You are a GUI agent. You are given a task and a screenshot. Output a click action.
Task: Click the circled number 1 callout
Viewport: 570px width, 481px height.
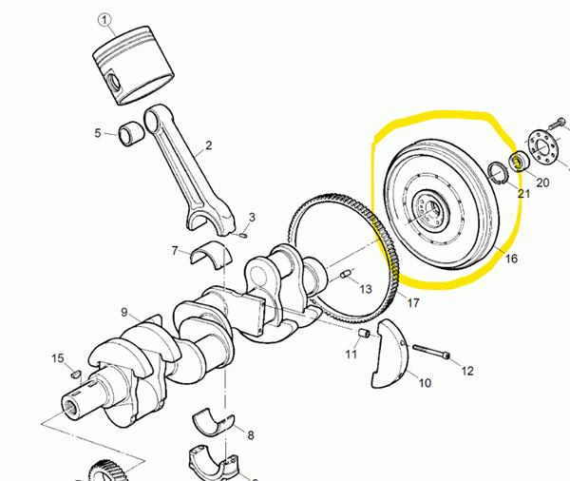tap(104, 20)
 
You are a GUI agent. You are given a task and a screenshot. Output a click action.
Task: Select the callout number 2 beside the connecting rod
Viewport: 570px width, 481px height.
tap(208, 145)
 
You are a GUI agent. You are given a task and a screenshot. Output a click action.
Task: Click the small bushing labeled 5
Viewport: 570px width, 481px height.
tap(131, 135)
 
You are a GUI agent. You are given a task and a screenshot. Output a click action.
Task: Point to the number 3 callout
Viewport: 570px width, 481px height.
tap(252, 218)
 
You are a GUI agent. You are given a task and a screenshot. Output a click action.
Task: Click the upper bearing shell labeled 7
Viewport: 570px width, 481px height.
tap(211, 255)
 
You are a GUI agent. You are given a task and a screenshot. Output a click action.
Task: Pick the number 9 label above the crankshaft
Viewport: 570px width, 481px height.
tap(124, 312)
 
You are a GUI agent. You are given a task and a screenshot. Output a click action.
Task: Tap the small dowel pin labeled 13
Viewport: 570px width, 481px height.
tap(346, 274)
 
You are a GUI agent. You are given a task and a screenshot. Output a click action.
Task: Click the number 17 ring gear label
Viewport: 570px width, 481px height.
tap(413, 302)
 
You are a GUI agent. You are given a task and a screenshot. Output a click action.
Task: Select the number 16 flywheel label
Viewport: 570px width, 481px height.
tap(511, 259)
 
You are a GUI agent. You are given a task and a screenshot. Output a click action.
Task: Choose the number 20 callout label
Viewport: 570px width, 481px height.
tap(542, 183)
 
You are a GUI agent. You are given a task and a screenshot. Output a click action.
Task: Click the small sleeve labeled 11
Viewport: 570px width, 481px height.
tap(364, 333)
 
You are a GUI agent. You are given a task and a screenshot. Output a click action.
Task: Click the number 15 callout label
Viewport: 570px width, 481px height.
tap(57, 358)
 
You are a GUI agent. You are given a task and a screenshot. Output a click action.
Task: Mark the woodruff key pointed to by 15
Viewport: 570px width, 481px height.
tap(75, 374)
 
